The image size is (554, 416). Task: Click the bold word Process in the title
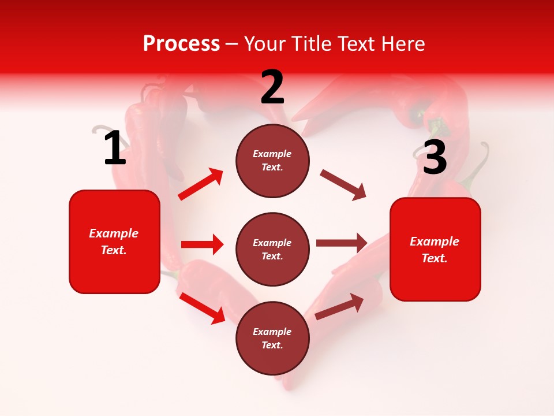click(181, 44)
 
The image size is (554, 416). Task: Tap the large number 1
click(115, 148)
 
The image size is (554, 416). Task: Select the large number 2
click(272, 87)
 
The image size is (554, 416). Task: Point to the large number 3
click(435, 157)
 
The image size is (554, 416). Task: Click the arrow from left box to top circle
click(201, 184)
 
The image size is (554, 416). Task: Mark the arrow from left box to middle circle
click(202, 244)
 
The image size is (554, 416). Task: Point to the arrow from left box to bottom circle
click(202, 308)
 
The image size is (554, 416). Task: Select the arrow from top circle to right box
click(343, 185)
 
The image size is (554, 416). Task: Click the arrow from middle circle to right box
click(342, 243)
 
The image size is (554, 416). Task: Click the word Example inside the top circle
click(272, 154)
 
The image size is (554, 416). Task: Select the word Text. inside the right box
click(435, 258)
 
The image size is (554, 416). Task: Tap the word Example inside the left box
click(114, 233)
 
